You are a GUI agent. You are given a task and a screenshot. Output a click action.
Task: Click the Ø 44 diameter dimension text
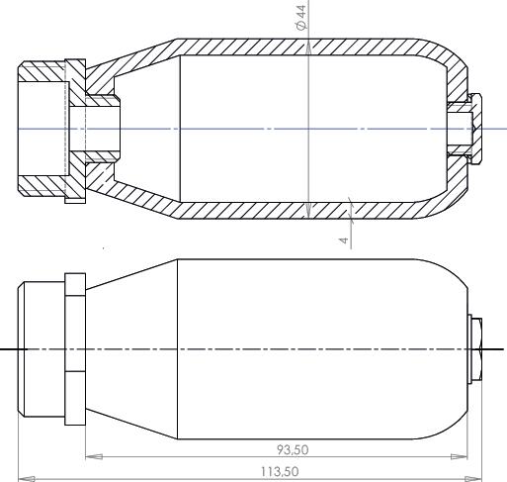(301, 17)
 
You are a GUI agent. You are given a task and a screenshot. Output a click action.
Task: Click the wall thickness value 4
(344, 240)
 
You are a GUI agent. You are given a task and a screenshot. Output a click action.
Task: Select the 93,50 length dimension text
(293, 449)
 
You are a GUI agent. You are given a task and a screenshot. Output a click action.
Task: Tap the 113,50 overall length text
(280, 471)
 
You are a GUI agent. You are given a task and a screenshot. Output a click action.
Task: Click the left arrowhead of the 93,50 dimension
(94, 457)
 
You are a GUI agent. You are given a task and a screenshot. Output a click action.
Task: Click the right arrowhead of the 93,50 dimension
(459, 457)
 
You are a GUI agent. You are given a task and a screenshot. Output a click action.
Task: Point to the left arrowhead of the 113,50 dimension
(27, 478)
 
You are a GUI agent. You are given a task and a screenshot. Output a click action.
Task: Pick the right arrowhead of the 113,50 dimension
(473, 478)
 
